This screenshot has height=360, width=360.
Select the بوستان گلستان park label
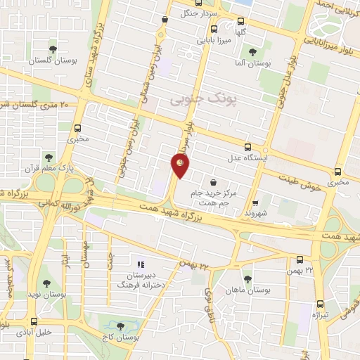click(x=52, y=61)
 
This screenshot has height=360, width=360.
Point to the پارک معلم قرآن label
click(x=56, y=169)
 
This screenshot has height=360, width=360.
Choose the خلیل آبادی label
click(x=34, y=330)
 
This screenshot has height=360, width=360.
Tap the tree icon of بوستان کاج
click(x=120, y=327)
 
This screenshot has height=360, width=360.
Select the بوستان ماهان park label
click(x=247, y=290)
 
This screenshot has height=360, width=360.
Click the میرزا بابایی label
click(x=210, y=41)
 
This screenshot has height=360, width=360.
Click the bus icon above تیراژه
click(x=320, y=304)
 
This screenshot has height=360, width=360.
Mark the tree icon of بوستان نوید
click(x=46, y=284)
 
